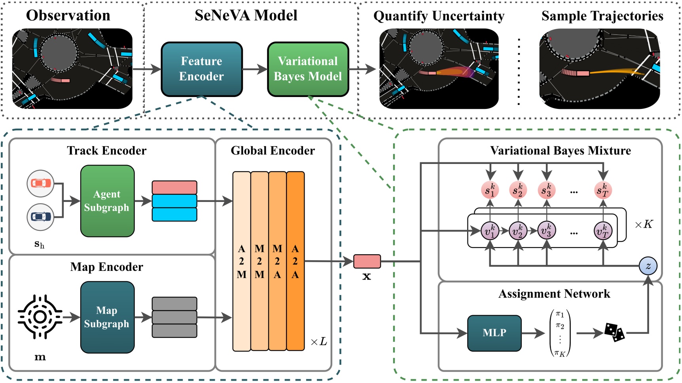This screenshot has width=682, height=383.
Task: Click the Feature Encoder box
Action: [x=201, y=69]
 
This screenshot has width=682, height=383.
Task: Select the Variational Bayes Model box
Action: [x=308, y=69]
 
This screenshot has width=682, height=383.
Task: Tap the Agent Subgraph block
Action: [x=107, y=201]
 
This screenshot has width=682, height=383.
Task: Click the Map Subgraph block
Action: [x=107, y=317]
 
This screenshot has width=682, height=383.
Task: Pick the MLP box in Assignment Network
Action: [x=494, y=333]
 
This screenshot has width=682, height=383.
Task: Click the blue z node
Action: [x=648, y=266]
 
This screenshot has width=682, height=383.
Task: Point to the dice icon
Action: [x=614, y=332]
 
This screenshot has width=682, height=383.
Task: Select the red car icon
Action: [x=40, y=183]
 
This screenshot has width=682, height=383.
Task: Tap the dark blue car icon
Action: [x=40, y=217]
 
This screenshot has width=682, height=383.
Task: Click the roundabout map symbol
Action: [x=40, y=317]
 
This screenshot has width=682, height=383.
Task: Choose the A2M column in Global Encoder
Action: [x=241, y=261]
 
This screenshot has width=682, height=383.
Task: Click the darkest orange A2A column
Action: [x=295, y=261]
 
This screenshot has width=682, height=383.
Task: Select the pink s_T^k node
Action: [x=603, y=190]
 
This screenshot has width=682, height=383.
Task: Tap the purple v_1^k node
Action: [x=490, y=231]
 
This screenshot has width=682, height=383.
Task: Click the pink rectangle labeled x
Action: [x=367, y=261]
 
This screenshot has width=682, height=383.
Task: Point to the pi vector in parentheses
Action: [x=560, y=333]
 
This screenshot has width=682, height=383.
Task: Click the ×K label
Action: [x=644, y=225]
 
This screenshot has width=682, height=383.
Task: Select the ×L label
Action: [x=319, y=341]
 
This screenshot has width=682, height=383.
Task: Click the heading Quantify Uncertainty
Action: [x=439, y=16]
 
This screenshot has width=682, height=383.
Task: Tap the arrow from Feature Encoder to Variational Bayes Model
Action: [x=255, y=69]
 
